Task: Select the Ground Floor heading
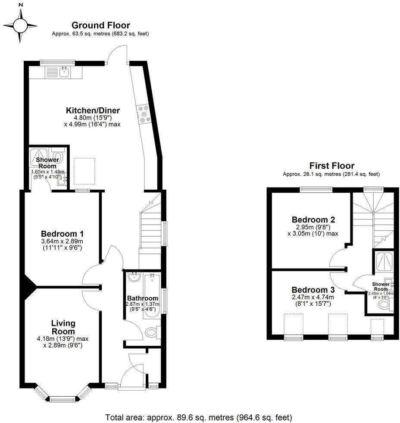[100, 25]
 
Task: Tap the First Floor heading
[331, 166]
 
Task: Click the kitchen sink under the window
[65, 72]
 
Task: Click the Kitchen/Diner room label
[93, 111]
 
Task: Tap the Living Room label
[63, 327]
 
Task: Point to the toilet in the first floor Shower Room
[384, 305]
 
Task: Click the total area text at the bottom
[199, 417]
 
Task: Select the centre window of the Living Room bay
[63, 399]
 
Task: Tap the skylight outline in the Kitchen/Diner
[84, 171]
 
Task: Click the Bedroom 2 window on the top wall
[316, 188]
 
